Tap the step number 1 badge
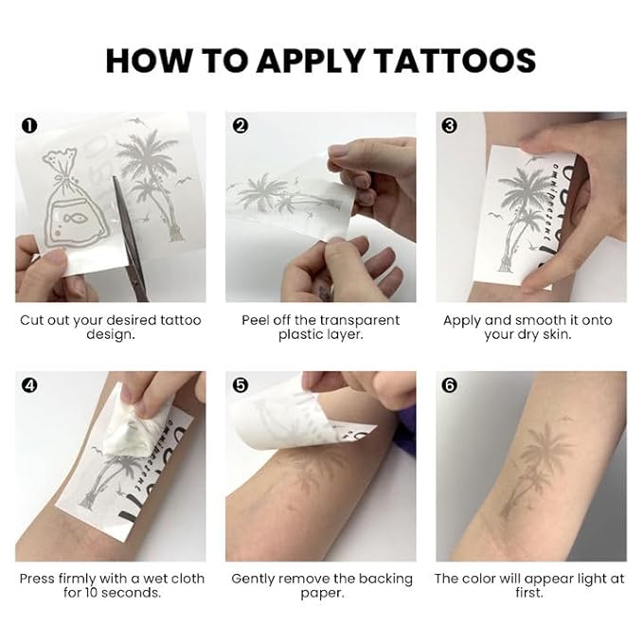click(29, 124)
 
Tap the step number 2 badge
click(240, 124)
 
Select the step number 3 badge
click(450, 124)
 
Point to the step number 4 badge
click(29, 385)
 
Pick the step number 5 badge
click(240, 385)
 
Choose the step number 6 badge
click(450, 385)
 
